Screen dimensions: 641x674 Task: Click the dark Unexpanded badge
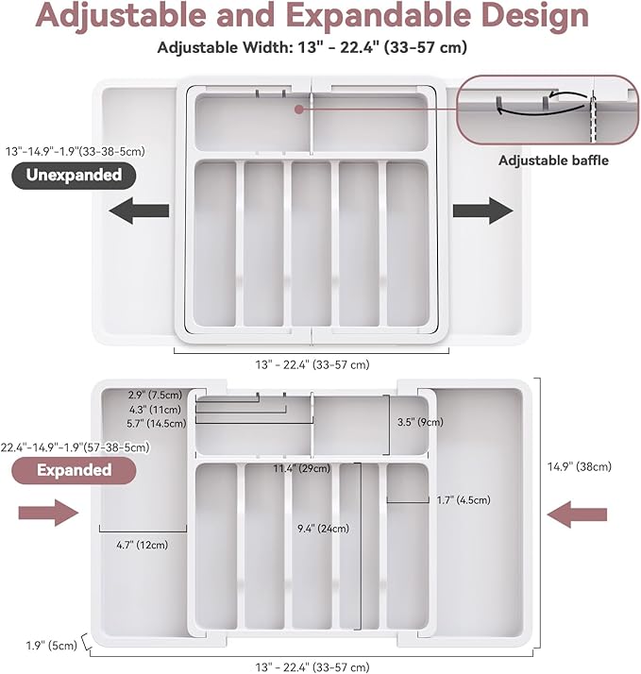coord(74,176)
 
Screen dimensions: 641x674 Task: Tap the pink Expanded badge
coord(74,470)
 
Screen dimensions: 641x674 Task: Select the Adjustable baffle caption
coord(553,160)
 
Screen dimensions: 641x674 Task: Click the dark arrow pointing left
coord(139,211)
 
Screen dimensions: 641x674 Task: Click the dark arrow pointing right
coord(482,211)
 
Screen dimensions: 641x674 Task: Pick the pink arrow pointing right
coord(48,513)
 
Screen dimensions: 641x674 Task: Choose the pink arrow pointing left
coord(577,514)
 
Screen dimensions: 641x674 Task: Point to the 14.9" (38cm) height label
coord(579,467)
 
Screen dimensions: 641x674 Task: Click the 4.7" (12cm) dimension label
coord(143,545)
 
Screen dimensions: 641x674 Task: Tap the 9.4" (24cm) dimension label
coord(323,529)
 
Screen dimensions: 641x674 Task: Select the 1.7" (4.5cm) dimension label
coord(464,500)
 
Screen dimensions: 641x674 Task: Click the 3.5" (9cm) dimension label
coord(420,422)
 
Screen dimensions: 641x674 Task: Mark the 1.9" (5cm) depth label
coord(52,645)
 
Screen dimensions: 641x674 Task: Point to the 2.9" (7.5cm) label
coord(155,395)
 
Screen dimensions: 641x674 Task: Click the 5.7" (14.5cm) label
coord(157,424)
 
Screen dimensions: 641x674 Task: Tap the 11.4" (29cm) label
coord(302,468)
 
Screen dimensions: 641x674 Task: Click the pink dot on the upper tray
coord(299,110)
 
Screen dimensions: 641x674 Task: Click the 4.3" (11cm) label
coord(155,410)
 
